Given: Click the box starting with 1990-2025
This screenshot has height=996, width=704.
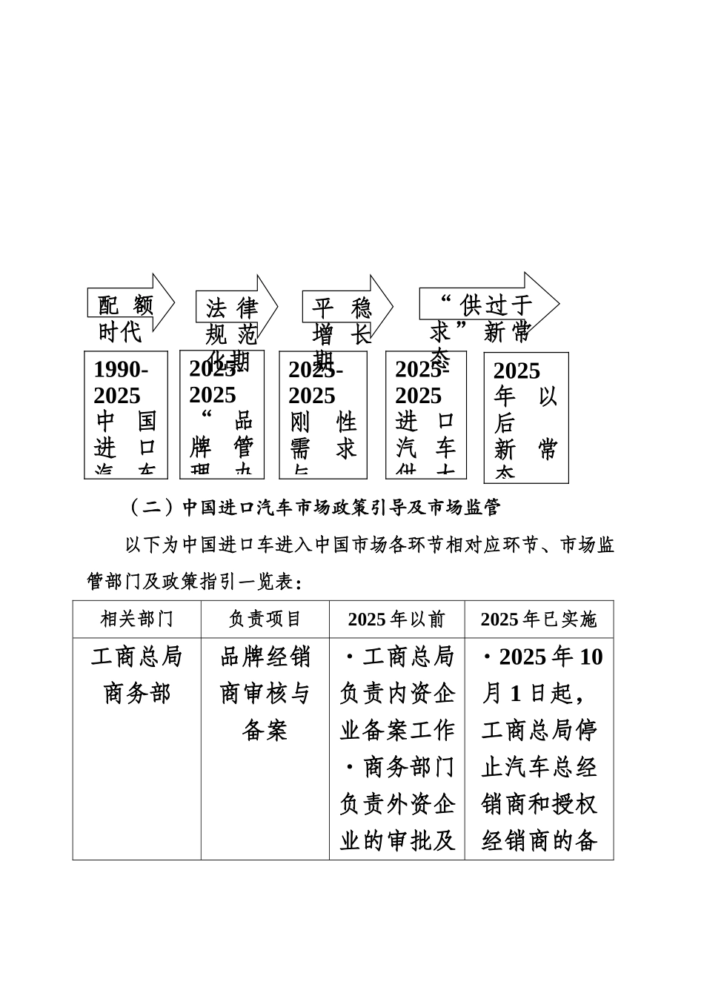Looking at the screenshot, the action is (126, 415).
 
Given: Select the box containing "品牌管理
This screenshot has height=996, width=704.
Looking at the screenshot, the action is (222, 415).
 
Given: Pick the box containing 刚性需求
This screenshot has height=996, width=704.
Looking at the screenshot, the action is (323, 415).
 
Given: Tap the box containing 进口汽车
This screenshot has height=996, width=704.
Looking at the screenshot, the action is (426, 415).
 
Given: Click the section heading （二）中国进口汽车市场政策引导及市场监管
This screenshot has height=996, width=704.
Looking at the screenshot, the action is (315, 508).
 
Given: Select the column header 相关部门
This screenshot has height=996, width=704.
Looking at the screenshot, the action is (137, 620).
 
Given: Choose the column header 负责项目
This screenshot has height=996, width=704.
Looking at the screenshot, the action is (265, 620).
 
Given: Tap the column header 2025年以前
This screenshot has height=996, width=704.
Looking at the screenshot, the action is (397, 620).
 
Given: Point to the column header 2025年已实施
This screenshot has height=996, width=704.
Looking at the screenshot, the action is (539, 620).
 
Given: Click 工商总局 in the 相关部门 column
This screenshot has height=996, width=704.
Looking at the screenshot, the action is (137, 657).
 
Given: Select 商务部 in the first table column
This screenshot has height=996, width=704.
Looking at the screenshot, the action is (137, 694).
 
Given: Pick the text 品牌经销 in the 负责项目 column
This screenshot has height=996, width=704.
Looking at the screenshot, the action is (265, 657).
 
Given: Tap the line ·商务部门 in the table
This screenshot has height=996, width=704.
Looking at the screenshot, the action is (397, 768).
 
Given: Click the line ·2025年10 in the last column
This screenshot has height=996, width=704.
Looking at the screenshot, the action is (542, 657).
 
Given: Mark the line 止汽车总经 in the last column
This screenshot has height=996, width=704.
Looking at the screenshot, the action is (539, 768).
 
